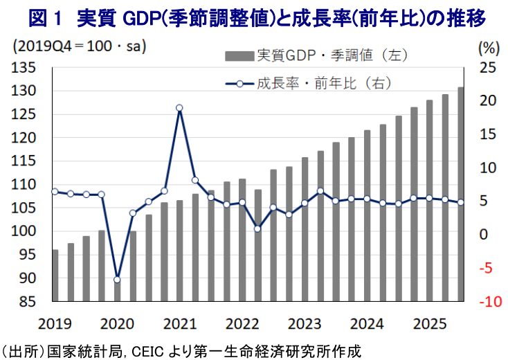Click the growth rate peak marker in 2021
179,108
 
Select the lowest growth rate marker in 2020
117,279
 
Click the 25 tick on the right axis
488,68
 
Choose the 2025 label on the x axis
427,323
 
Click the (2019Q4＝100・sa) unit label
80,48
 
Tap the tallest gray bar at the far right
460,194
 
